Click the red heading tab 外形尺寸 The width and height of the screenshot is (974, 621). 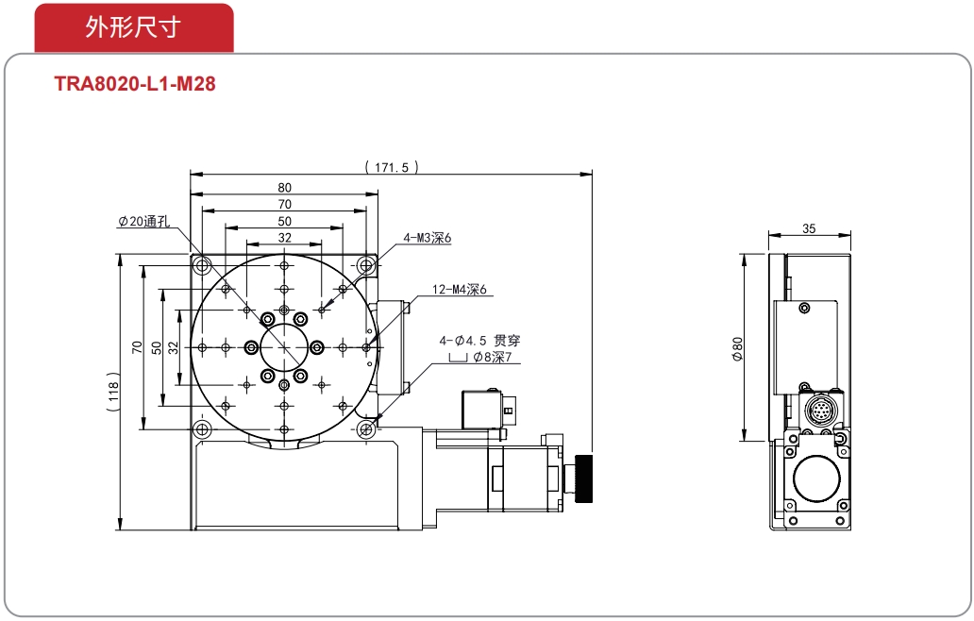point(134,27)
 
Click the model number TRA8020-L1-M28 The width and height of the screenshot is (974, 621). point(135,84)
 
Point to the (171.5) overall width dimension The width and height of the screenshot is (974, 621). point(392,167)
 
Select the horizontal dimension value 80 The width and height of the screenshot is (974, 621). point(284,188)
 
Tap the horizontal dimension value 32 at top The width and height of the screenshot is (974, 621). point(284,238)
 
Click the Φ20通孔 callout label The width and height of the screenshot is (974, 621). point(144,222)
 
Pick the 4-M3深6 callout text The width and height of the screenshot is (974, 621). point(428,238)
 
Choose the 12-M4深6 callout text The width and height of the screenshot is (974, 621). point(460,290)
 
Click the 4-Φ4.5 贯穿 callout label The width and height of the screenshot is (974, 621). point(479,341)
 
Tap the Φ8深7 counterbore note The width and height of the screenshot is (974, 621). point(493,357)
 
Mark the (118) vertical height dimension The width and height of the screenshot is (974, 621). point(113,393)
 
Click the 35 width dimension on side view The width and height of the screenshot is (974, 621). point(809,228)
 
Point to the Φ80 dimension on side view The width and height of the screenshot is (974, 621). point(737,349)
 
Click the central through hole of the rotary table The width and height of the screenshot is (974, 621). point(284,346)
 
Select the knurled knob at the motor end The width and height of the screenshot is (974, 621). point(584,479)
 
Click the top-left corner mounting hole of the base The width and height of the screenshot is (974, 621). point(202,266)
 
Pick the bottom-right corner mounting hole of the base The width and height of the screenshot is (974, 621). point(366,428)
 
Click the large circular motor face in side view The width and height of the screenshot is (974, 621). point(817,478)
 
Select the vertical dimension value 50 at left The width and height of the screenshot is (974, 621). point(156,347)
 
